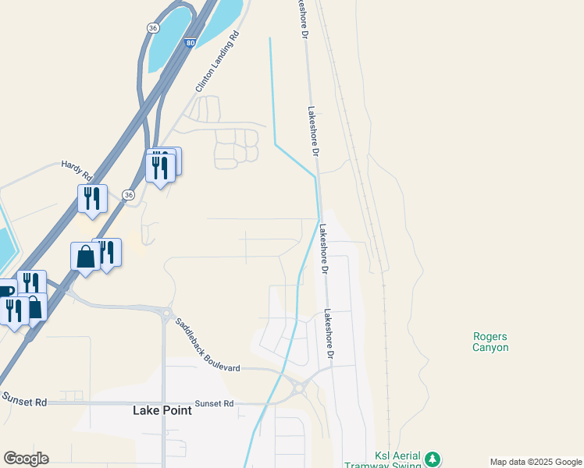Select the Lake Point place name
(162, 410)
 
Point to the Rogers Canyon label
(490, 342)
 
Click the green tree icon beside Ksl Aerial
(433, 459)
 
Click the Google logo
(26, 459)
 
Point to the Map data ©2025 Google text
(535, 462)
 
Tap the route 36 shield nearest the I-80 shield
(154, 27)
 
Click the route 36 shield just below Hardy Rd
(129, 194)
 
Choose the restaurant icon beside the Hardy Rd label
(92, 199)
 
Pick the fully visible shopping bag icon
(85, 257)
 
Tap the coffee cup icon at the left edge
(5, 291)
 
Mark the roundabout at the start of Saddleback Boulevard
(166, 314)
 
